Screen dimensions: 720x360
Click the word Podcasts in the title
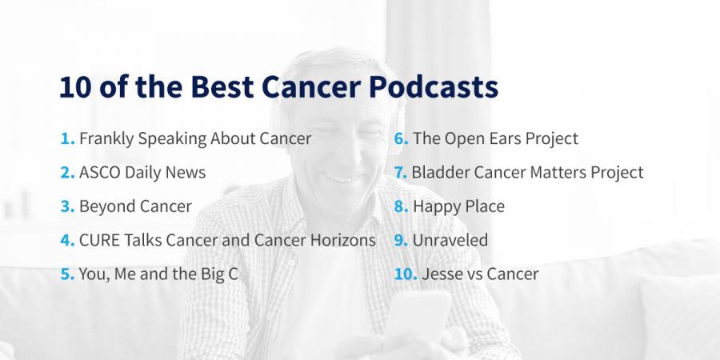click(434, 86)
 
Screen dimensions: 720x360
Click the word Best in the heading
click(222, 86)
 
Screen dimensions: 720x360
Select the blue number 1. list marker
click(67, 138)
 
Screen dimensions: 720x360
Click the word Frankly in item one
click(106, 139)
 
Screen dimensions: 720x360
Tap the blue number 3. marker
click(67, 206)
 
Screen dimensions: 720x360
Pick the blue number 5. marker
click(67, 274)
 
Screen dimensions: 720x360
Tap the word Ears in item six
click(492, 138)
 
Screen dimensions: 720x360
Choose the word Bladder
click(440, 172)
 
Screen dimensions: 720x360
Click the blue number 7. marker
click(401, 172)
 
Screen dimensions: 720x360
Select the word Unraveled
click(450, 240)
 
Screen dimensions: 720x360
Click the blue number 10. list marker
click(406, 274)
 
